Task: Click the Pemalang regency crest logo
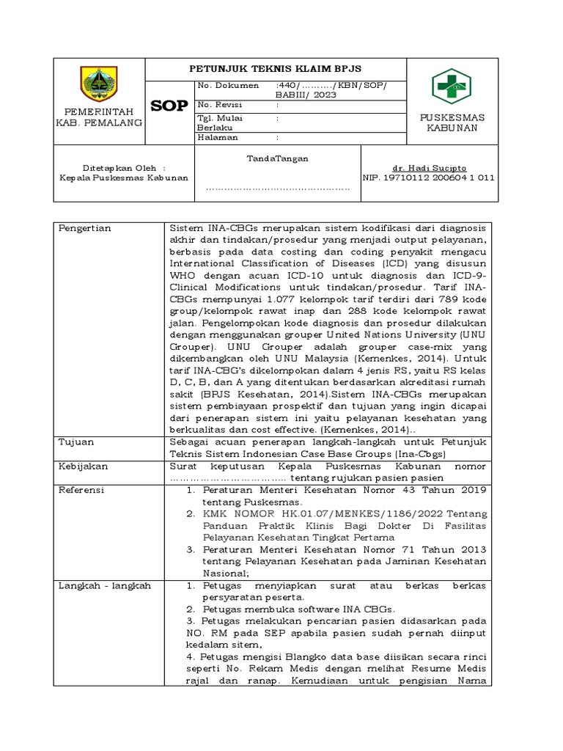click(98, 84)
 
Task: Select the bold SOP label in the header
click(169, 106)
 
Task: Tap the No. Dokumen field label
click(228, 86)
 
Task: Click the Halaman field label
click(218, 137)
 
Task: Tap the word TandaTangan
click(277, 158)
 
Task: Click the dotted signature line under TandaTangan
click(277, 188)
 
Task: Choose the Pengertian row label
click(85, 228)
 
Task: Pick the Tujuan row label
click(76, 442)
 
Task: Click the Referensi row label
click(82, 489)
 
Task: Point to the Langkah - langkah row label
click(105, 585)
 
